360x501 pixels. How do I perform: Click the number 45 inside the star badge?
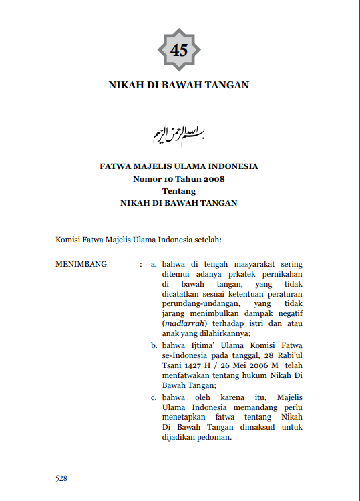pos(179,50)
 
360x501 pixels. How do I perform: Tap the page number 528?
pos(61,478)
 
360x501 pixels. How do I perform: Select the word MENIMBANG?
pos(81,264)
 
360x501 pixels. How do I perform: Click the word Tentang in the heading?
pos(178,190)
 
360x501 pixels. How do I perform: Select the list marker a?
pos(154,264)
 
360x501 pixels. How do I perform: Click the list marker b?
pos(154,345)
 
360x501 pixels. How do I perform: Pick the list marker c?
pos(154,397)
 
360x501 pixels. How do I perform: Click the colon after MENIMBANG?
pos(140,264)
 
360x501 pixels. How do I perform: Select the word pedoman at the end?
pos(214,438)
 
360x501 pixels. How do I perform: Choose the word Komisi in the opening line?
pos(67,237)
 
